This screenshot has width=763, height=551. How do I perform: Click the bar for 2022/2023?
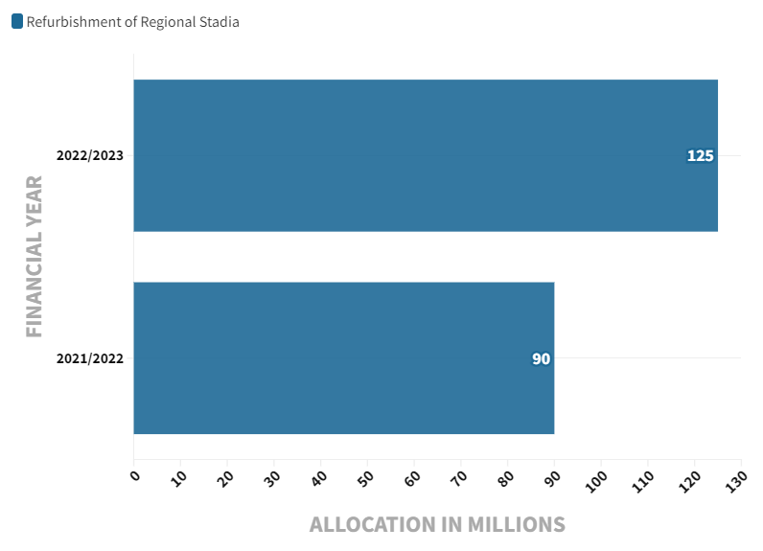425,155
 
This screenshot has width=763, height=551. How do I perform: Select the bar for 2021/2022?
343,358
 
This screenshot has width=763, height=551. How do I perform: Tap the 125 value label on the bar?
700,155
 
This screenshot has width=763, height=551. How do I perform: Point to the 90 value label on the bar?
541,358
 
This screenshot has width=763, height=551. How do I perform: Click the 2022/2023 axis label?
89,155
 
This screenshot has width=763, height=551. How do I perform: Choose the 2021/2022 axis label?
89,358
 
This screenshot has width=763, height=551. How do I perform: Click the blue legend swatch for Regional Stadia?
17,22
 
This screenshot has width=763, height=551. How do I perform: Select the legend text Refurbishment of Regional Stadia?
132,22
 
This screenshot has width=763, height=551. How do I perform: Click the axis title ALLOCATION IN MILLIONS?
437,524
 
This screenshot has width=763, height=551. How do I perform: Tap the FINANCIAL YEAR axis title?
35,256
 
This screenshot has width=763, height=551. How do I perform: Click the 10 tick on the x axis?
179,476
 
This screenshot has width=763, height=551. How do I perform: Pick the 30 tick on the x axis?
273,476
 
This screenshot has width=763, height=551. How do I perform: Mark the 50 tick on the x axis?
366,476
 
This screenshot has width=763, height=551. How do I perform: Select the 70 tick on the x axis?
460,476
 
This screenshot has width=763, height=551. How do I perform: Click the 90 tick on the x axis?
553,476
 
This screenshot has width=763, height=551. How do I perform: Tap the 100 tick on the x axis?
598,478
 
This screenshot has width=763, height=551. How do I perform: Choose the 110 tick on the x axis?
645,478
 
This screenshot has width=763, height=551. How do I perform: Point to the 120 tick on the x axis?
692,478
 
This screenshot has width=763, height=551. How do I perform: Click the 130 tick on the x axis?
738,478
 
